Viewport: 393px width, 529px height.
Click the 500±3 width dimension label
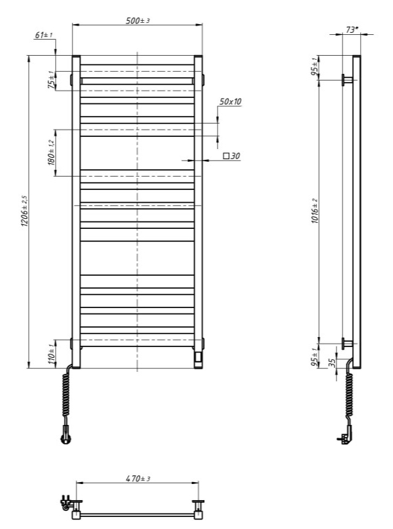pos(138,21)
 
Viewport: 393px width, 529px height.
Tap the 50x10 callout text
pos(230,101)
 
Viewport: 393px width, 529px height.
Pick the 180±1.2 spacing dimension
pos(51,152)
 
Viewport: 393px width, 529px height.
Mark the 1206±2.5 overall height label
pos(24,209)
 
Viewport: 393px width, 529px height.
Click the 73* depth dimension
pos(352,30)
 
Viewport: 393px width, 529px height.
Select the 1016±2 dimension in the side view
pos(315,213)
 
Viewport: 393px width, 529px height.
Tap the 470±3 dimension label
pos(137,479)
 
